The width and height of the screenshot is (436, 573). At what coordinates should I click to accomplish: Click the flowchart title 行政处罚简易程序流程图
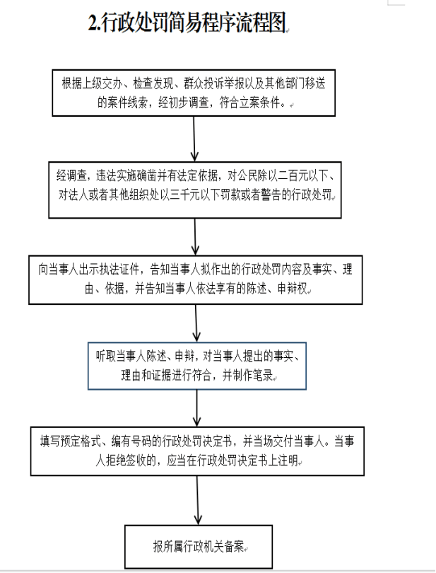(194, 23)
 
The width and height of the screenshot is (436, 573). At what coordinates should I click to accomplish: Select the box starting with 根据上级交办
(194, 93)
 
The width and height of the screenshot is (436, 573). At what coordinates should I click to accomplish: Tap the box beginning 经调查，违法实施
(195, 190)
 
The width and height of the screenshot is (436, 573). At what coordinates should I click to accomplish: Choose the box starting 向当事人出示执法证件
(196, 280)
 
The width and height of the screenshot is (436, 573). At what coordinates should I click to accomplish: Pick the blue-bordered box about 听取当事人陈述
(197, 366)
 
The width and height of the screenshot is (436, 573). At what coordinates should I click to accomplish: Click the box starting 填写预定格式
(197, 451)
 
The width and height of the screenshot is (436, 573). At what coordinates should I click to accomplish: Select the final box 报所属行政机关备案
(199, 547)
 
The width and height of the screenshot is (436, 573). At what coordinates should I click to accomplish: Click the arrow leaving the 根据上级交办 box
(194, 139)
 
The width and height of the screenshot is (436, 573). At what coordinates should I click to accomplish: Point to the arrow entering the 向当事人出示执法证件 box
(195, 237)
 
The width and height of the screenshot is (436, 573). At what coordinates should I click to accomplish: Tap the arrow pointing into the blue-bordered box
(196, 323)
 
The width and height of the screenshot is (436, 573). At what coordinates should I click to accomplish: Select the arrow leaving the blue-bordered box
(197, 408)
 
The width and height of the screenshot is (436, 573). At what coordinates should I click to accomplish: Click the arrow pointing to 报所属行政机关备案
(198, 500)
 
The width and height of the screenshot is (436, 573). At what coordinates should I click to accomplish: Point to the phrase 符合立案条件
(249, 103)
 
